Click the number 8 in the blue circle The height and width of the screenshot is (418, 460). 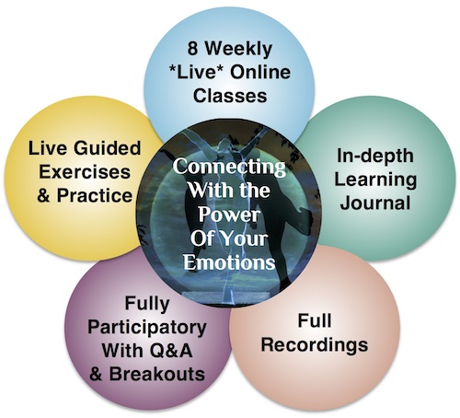pos(192,49)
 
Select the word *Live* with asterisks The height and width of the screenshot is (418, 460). pos(197,73)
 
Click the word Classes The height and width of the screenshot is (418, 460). pos(230,96)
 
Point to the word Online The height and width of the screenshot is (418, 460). pos(260,73)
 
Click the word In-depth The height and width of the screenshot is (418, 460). pos(375,157)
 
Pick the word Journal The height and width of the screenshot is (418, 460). pos(375,203)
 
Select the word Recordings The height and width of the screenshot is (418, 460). pos(315,345)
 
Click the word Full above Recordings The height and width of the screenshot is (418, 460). pos(315,320)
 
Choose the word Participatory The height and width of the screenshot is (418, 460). pos(147,329)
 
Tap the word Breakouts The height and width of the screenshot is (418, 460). pos(157,374)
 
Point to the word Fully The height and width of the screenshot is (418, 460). pos(147,305)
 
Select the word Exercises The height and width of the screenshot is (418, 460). pos(85,171)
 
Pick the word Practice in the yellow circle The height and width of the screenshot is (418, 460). pos(95,195)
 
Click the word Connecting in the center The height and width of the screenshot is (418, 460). pos(229,168)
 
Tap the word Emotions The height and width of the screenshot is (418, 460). pos(229,261)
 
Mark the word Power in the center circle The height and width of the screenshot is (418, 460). pos(229,214)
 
